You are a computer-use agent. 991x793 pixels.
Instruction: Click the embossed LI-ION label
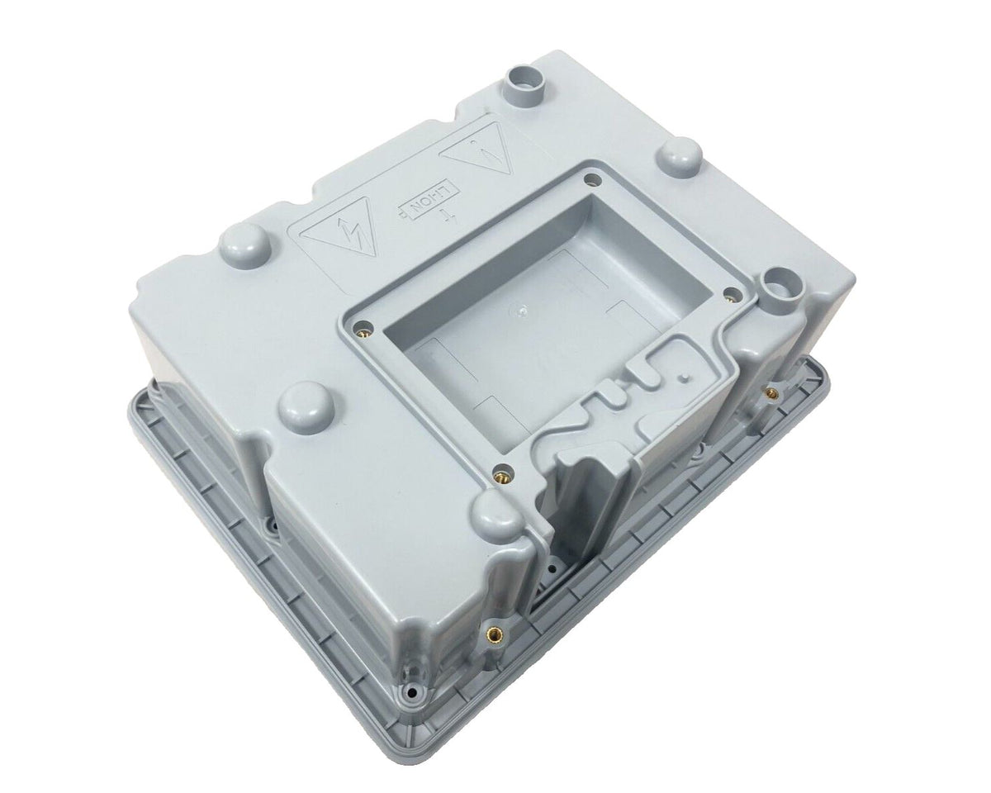421,200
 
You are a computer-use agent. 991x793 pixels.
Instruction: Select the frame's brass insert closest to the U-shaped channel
499,475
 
